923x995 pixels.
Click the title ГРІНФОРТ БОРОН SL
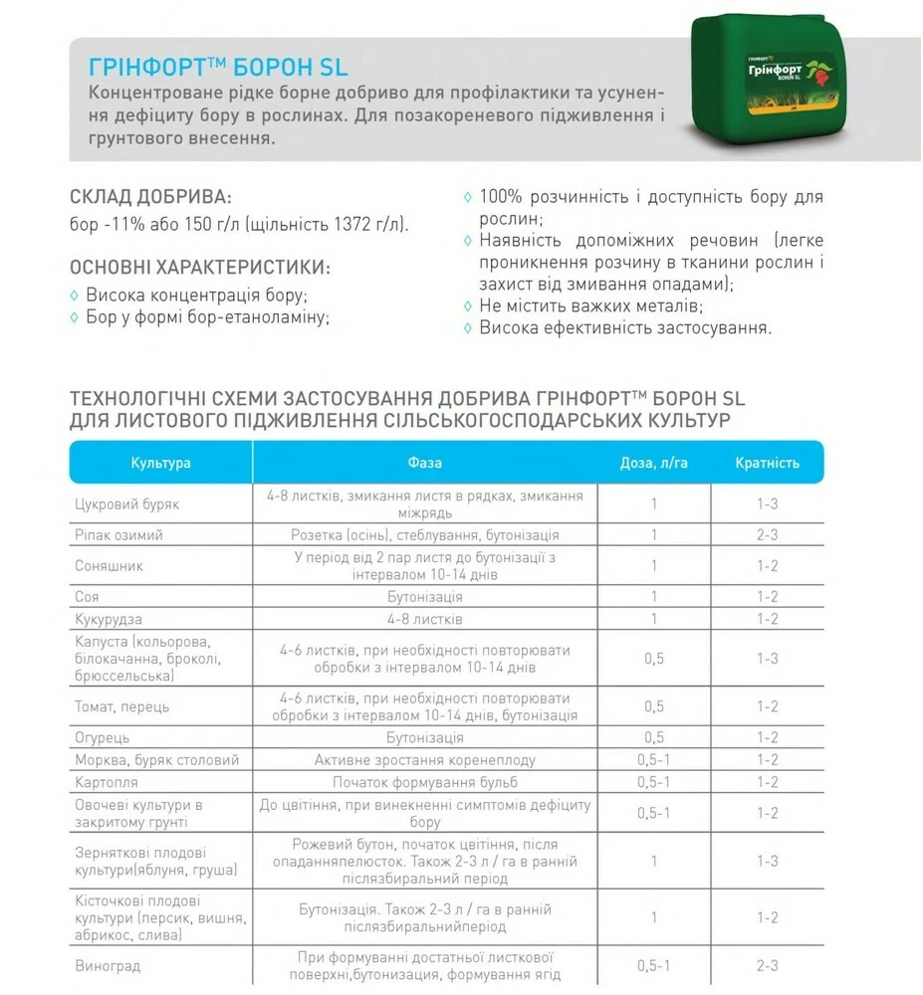218,68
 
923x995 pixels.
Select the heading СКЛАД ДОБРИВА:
150,196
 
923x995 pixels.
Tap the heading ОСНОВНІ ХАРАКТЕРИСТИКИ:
200,268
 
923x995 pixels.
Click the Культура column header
160,463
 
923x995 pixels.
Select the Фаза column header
424,463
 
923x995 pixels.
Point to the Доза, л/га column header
654,463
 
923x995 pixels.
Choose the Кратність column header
767,463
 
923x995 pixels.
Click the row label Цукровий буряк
126,504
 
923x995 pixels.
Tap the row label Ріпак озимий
118,535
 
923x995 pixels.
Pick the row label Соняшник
110,565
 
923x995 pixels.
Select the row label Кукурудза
111,619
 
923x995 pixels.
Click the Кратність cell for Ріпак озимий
767,535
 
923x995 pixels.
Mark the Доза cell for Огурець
654,737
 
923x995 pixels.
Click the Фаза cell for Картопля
424,782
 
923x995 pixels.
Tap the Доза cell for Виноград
654,965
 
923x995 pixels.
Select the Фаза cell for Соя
424,597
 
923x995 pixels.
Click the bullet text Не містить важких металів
591,305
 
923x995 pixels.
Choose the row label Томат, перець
122,706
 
